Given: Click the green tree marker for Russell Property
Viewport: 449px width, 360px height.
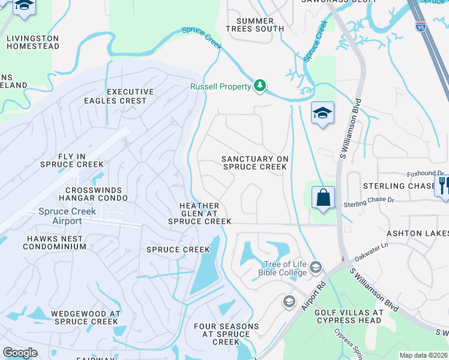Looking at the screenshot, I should (x=260, y=86).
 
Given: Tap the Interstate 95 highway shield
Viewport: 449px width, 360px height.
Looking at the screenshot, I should (x=420, y=26).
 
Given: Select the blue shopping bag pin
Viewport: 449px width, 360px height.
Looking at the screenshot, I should (x=323, y=197).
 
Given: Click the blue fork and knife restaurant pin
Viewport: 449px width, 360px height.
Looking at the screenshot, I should (x=443, y=185).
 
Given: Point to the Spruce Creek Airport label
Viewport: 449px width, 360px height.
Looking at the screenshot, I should (x=59, y=216).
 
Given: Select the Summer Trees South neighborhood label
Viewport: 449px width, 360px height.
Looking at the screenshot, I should (x=255, y=25).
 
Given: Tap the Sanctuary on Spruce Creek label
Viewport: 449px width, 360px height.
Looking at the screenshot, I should (x=255, y=163).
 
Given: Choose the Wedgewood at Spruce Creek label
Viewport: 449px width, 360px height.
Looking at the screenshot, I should (x=86, y=317).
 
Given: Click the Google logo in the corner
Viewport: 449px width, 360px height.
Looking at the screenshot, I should (x=20, y=353).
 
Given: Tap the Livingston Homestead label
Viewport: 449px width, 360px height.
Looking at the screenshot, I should (x=32, y=42).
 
